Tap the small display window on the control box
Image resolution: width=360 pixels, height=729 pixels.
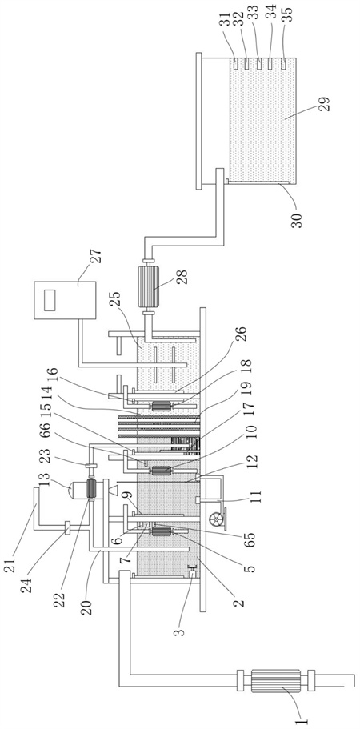pyautogui.click(x=50, y=300)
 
